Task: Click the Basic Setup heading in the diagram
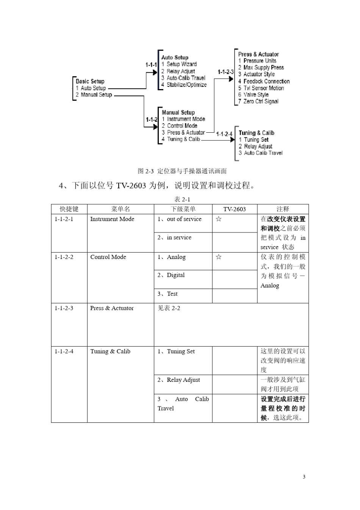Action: [90, 81]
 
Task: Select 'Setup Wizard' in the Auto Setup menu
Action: [182, 64]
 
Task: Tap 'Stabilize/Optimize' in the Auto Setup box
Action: [186, 85]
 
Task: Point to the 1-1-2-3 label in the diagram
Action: [225, 72]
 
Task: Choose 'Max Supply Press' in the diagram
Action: [263, 67]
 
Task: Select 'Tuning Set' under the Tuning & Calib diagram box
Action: [256, 140]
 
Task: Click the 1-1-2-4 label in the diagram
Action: [224, 134]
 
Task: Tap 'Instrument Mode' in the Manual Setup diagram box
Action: [186, 119]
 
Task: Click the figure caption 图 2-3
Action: [182, 171]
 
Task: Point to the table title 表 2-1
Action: [182, 199]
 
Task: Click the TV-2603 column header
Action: [234, 209]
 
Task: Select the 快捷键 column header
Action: [69, 209]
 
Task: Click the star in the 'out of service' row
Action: [218, 219]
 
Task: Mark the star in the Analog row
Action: [218, 257]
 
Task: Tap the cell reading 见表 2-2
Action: [169, 308]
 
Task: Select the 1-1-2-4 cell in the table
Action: [64, 352]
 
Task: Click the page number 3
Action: [304, 477]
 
